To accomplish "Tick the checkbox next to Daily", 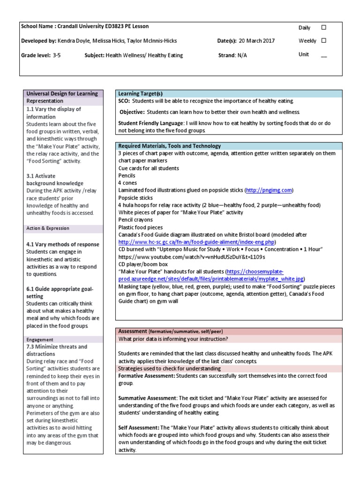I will [x=323, y=28].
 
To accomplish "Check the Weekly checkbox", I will [x=323, y=41].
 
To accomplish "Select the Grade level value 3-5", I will [x=56, y=55].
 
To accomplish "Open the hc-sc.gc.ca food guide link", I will [x=196, y=242].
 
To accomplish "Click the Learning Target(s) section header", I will [x=140, y=94].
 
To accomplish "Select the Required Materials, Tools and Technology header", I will [x=169, y=146].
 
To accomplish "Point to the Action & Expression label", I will [x=47, y=228].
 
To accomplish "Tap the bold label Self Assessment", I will [x=138, y=427].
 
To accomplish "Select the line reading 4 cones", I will [x=126, y=183].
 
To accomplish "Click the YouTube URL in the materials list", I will [x=192, y=257].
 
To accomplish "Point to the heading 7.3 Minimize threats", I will [x=56, y=347].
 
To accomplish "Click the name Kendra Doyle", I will [x=75, y=41].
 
